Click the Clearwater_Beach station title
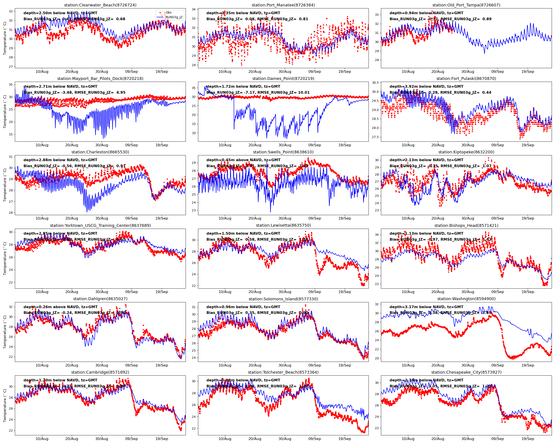pyautogui.click(x=100, y=5)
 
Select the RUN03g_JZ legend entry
pyautogui.click(x=174, y=17)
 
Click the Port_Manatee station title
pyautogui.click(x=283, y=5)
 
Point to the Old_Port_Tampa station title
pyautogui.click(x=466, y=5)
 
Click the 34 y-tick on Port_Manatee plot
pyautogui.click(x=194, y=10)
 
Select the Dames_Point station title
pyautogui.click(x=283, y=79)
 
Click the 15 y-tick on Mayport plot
pyautogui.click(x=11, y=134)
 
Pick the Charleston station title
pyautogui.click(x=100, y=152)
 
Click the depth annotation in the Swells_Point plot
pyautogui.click(x=243, y=160)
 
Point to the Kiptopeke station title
pyautogui.click(x=466, y=152)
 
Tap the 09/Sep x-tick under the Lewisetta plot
pyautogui.click(x=315, y=292)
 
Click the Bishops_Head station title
pyautogui.click(x=466, y=226)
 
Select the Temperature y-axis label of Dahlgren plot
pyautogui.click(x=5, y=332)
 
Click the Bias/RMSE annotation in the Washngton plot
pyautogui.click(x=440, y=313)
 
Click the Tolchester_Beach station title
pyautogui.click(x=283, y=372)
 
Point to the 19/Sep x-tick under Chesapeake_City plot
pyautogui.click(x=528, y=439)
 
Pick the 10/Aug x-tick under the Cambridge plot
pyautogui.click(x=42, y=439)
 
